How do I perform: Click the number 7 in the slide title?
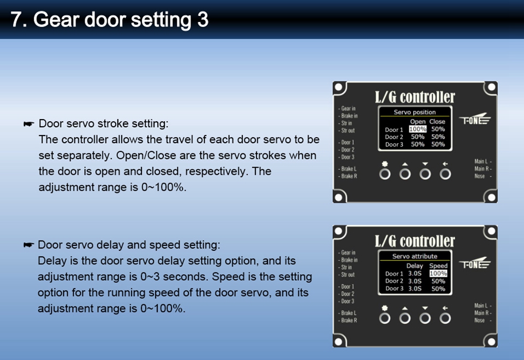pos(16,20)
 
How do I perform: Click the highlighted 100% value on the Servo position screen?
pos(418,129)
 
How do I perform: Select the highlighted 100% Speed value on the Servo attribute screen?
pos(438,273)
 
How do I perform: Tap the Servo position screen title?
pos(415,112)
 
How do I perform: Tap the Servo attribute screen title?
pos(415,256)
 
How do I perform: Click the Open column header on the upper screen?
pos(418,121)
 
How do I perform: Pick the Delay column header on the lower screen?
pos(415,265)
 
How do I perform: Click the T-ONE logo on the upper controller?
pos(474,119)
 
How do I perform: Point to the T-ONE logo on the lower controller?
pos(474,263)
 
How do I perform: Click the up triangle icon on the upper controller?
pos(405,164)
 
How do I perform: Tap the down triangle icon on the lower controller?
pos(425,308)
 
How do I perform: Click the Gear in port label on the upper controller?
pos(348,108)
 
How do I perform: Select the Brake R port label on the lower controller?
pos(349,320)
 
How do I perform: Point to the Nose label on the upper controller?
pos(480,176)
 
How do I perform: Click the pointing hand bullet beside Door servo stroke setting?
pos(29,124)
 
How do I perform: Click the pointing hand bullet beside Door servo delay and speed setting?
pos(29,245)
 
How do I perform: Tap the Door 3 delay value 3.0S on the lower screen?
pos(415,288)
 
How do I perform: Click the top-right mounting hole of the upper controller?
pos(492,87)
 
